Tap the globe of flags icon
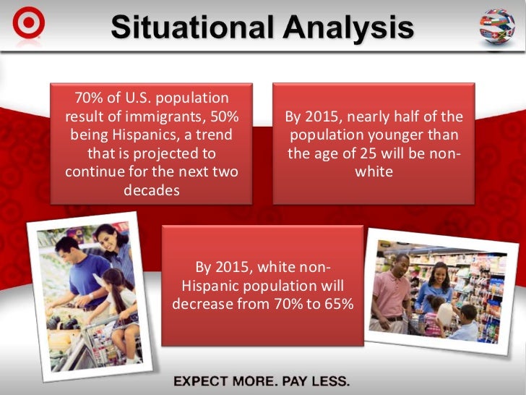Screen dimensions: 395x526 coord(497,27)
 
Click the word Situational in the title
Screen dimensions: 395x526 coord(191,27)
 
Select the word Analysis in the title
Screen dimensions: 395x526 coord(346,27)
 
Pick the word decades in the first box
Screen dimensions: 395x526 coord(151,190)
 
